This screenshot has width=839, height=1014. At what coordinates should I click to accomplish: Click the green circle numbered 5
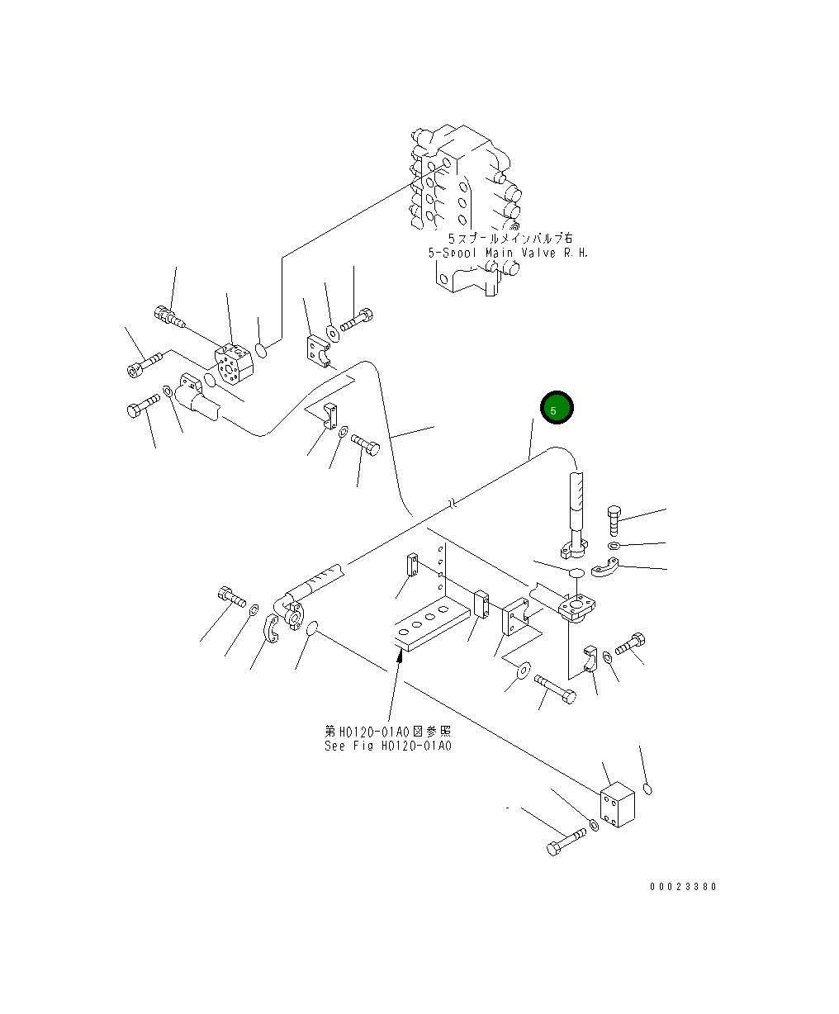click(556, 409)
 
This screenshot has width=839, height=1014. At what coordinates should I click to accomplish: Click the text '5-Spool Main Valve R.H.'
click(508, 253)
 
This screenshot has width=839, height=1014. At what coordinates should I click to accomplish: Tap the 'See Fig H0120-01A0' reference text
click(387, 746)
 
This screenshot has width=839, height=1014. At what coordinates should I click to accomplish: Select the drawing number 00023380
click(683, 887)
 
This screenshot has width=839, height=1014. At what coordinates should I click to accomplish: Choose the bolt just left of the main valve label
click(358, 318)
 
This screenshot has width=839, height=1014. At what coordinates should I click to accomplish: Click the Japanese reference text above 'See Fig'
click(387, 732)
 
